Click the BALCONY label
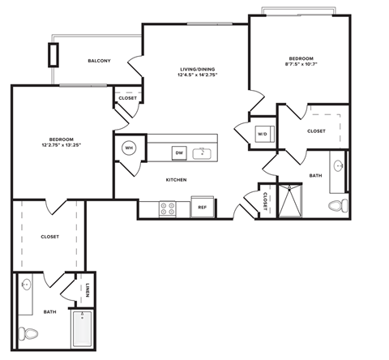pyautogui.click(x=99, y=62)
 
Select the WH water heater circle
pyautogui.click(x=129, y=148)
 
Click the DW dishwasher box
pyautogui.click(x=178, y=152)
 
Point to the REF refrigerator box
pyautogui.click(x=203, y=208)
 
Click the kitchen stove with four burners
pyautogui.click(x=169, y=208)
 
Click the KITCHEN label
pyautogui.click(x=177, y=179)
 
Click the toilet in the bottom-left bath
pyautogui.click(x=30, y=333)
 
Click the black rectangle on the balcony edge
pyautogui.click(x=54, y=54)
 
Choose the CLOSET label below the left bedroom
pyautogui.click(x=49, y=237)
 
